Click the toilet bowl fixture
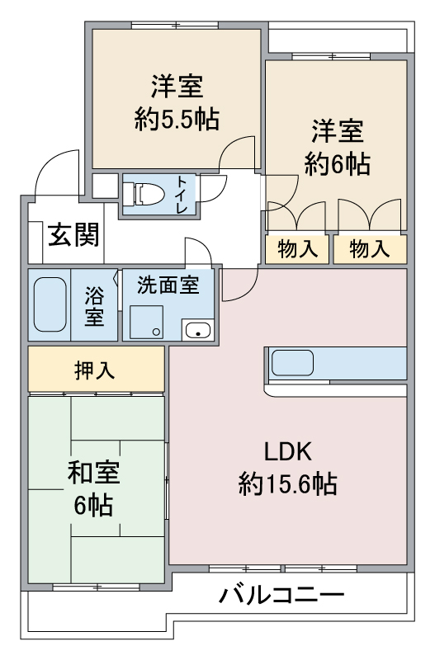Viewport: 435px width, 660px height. click(148, 194)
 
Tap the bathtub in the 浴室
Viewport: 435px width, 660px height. click(50, 304)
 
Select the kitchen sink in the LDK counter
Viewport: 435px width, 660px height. click(292, 363)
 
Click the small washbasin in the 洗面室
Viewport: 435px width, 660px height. click(198, 329)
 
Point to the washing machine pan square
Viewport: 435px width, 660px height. click(146, 322)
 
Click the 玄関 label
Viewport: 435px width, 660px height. click(73, 235)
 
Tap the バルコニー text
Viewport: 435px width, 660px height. click(281, 595)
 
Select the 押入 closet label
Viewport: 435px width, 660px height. click(94, 370)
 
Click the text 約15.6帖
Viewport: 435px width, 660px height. click(287, 484)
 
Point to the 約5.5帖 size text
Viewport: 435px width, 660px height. click(177, 119)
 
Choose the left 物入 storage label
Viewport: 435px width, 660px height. click(298, 249)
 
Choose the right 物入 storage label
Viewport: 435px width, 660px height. click(370, 249)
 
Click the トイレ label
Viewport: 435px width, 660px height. click(182, 195)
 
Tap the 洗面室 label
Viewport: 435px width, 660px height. click(168, 285)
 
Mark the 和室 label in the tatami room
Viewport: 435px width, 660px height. click(94, 472)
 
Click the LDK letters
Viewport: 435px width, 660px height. click(287, 451)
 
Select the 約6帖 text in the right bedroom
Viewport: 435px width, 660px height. click(338, 164)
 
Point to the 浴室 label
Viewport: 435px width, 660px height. click(94, 306)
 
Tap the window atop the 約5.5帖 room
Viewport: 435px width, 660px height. click(175, 26)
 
